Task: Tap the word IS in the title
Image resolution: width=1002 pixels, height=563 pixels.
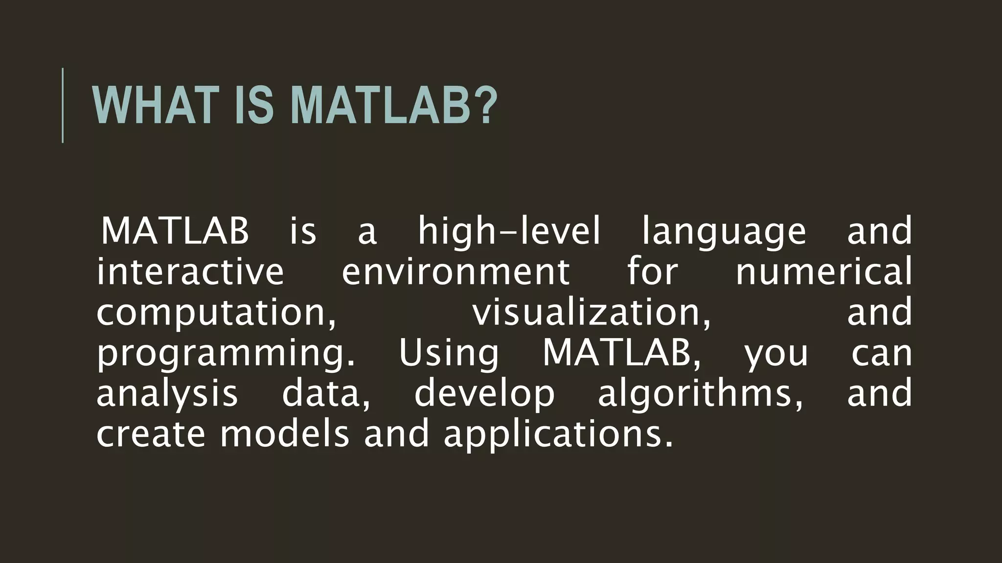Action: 253,106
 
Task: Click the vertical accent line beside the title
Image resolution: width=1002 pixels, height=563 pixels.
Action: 63,106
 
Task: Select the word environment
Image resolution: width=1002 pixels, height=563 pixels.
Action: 455,272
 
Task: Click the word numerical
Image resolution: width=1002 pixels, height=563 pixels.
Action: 824,272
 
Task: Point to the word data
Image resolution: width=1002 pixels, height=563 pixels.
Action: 325,394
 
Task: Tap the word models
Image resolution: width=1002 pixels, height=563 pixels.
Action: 285,434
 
